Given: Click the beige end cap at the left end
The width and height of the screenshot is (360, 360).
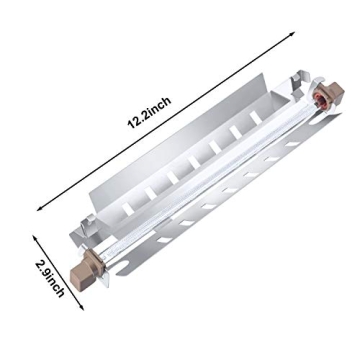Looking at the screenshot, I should coord(90,269).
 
